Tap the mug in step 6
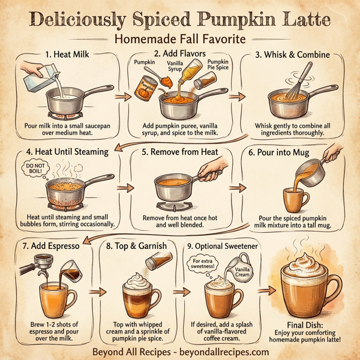coord(296,197)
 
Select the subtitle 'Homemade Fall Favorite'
coord(181,40)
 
